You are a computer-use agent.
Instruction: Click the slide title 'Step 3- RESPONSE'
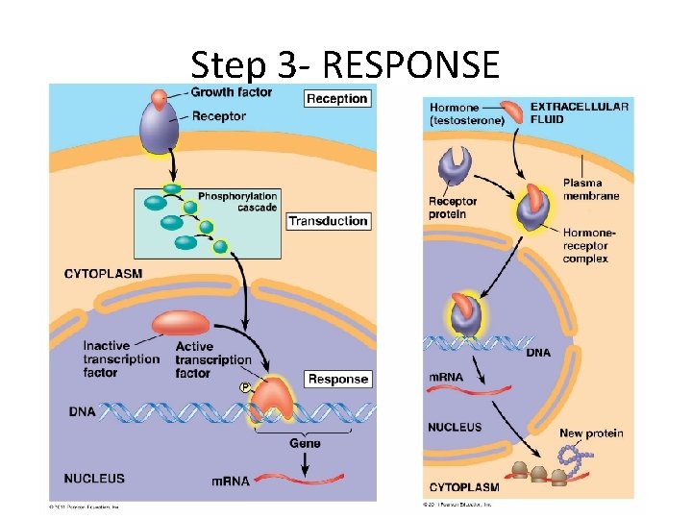point(345,65)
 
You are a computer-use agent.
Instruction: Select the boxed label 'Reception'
point(336,98)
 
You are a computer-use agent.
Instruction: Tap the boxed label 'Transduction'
point(329,221)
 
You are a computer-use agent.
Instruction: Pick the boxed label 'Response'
point(337,379)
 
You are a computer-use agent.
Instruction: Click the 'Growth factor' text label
point(231,92)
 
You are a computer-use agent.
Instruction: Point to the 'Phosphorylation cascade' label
point(237,202)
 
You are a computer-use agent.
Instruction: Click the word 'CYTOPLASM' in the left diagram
point(103,274)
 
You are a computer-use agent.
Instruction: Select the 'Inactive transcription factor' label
point(121,359)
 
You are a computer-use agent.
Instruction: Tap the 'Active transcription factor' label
point(212,359)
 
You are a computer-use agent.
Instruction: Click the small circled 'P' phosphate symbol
point(244,387)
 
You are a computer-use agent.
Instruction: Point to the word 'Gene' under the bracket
point(305,443)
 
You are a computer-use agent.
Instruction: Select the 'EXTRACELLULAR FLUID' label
point(580,112)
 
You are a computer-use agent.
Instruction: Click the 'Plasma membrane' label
point(591,189)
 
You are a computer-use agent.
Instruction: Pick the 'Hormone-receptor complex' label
point(589,245)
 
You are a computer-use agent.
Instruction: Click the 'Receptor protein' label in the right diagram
point(452,208)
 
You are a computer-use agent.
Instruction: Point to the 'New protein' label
point(591,433)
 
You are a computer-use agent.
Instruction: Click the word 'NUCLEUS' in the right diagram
point(455,427)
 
